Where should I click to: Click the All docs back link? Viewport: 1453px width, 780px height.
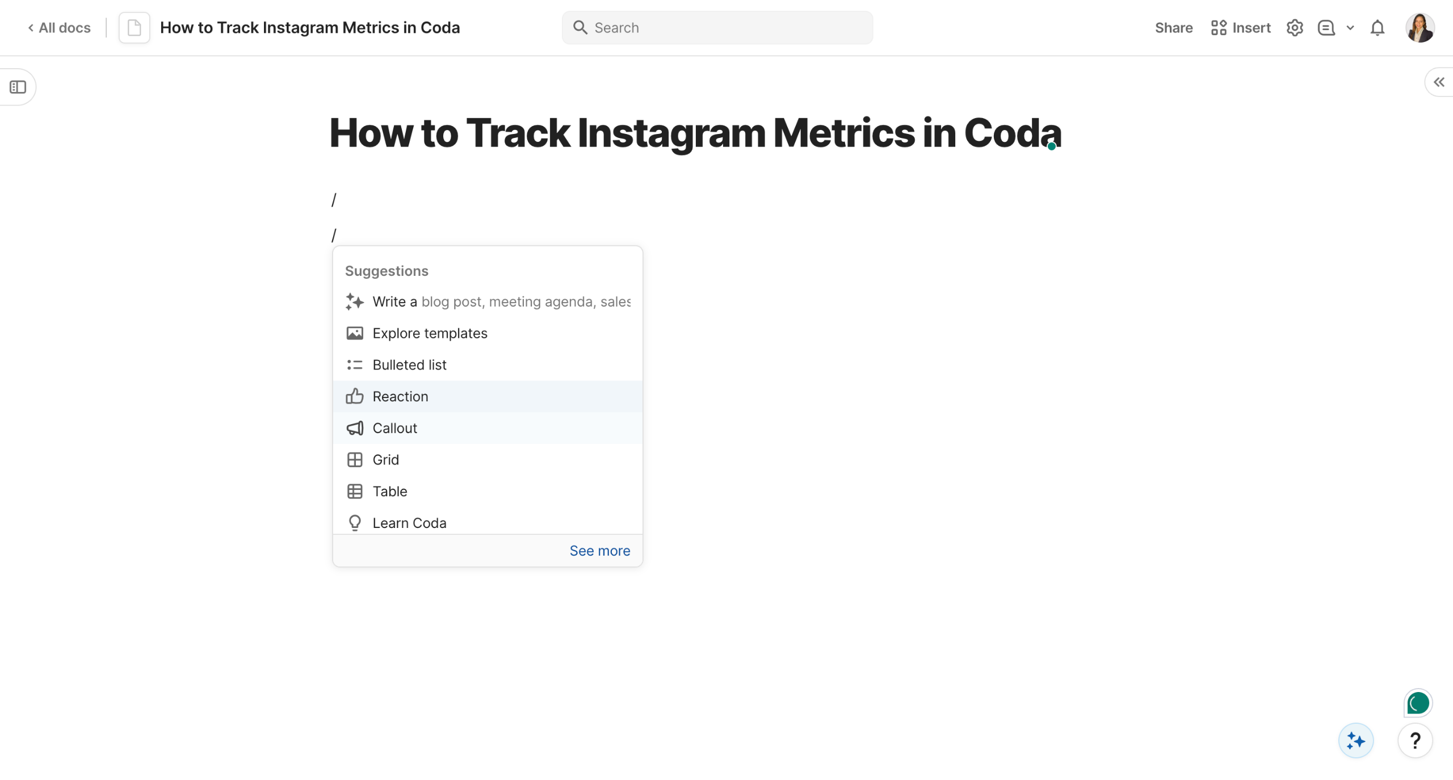pyautogui.click(x=59, y=28)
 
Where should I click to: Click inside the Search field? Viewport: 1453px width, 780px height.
pyautogui.click(x=717, y=28)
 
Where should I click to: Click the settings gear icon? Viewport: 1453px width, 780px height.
pyautogui.click(x=1295, y=28)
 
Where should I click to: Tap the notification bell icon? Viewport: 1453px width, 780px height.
pyautogui.click(x=1378, y=28)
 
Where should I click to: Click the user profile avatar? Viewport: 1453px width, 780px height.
pyautogui.click(x=1420, y=28)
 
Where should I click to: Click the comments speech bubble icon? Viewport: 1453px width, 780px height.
pyautogui.click(x=1326, y=28)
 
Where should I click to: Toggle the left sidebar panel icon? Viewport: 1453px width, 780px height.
pyautogui.click(x=18, y=87)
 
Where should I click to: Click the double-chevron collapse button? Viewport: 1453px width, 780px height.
pyautogui.click(x=1439, y=82)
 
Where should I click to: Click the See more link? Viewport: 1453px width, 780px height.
pyautogui.click(x=599, y=551)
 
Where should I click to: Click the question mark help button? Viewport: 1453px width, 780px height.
pyautogui.click(x=1415, y=740)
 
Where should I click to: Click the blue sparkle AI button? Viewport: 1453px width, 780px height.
pyautogui.click(x=1356, y=740)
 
